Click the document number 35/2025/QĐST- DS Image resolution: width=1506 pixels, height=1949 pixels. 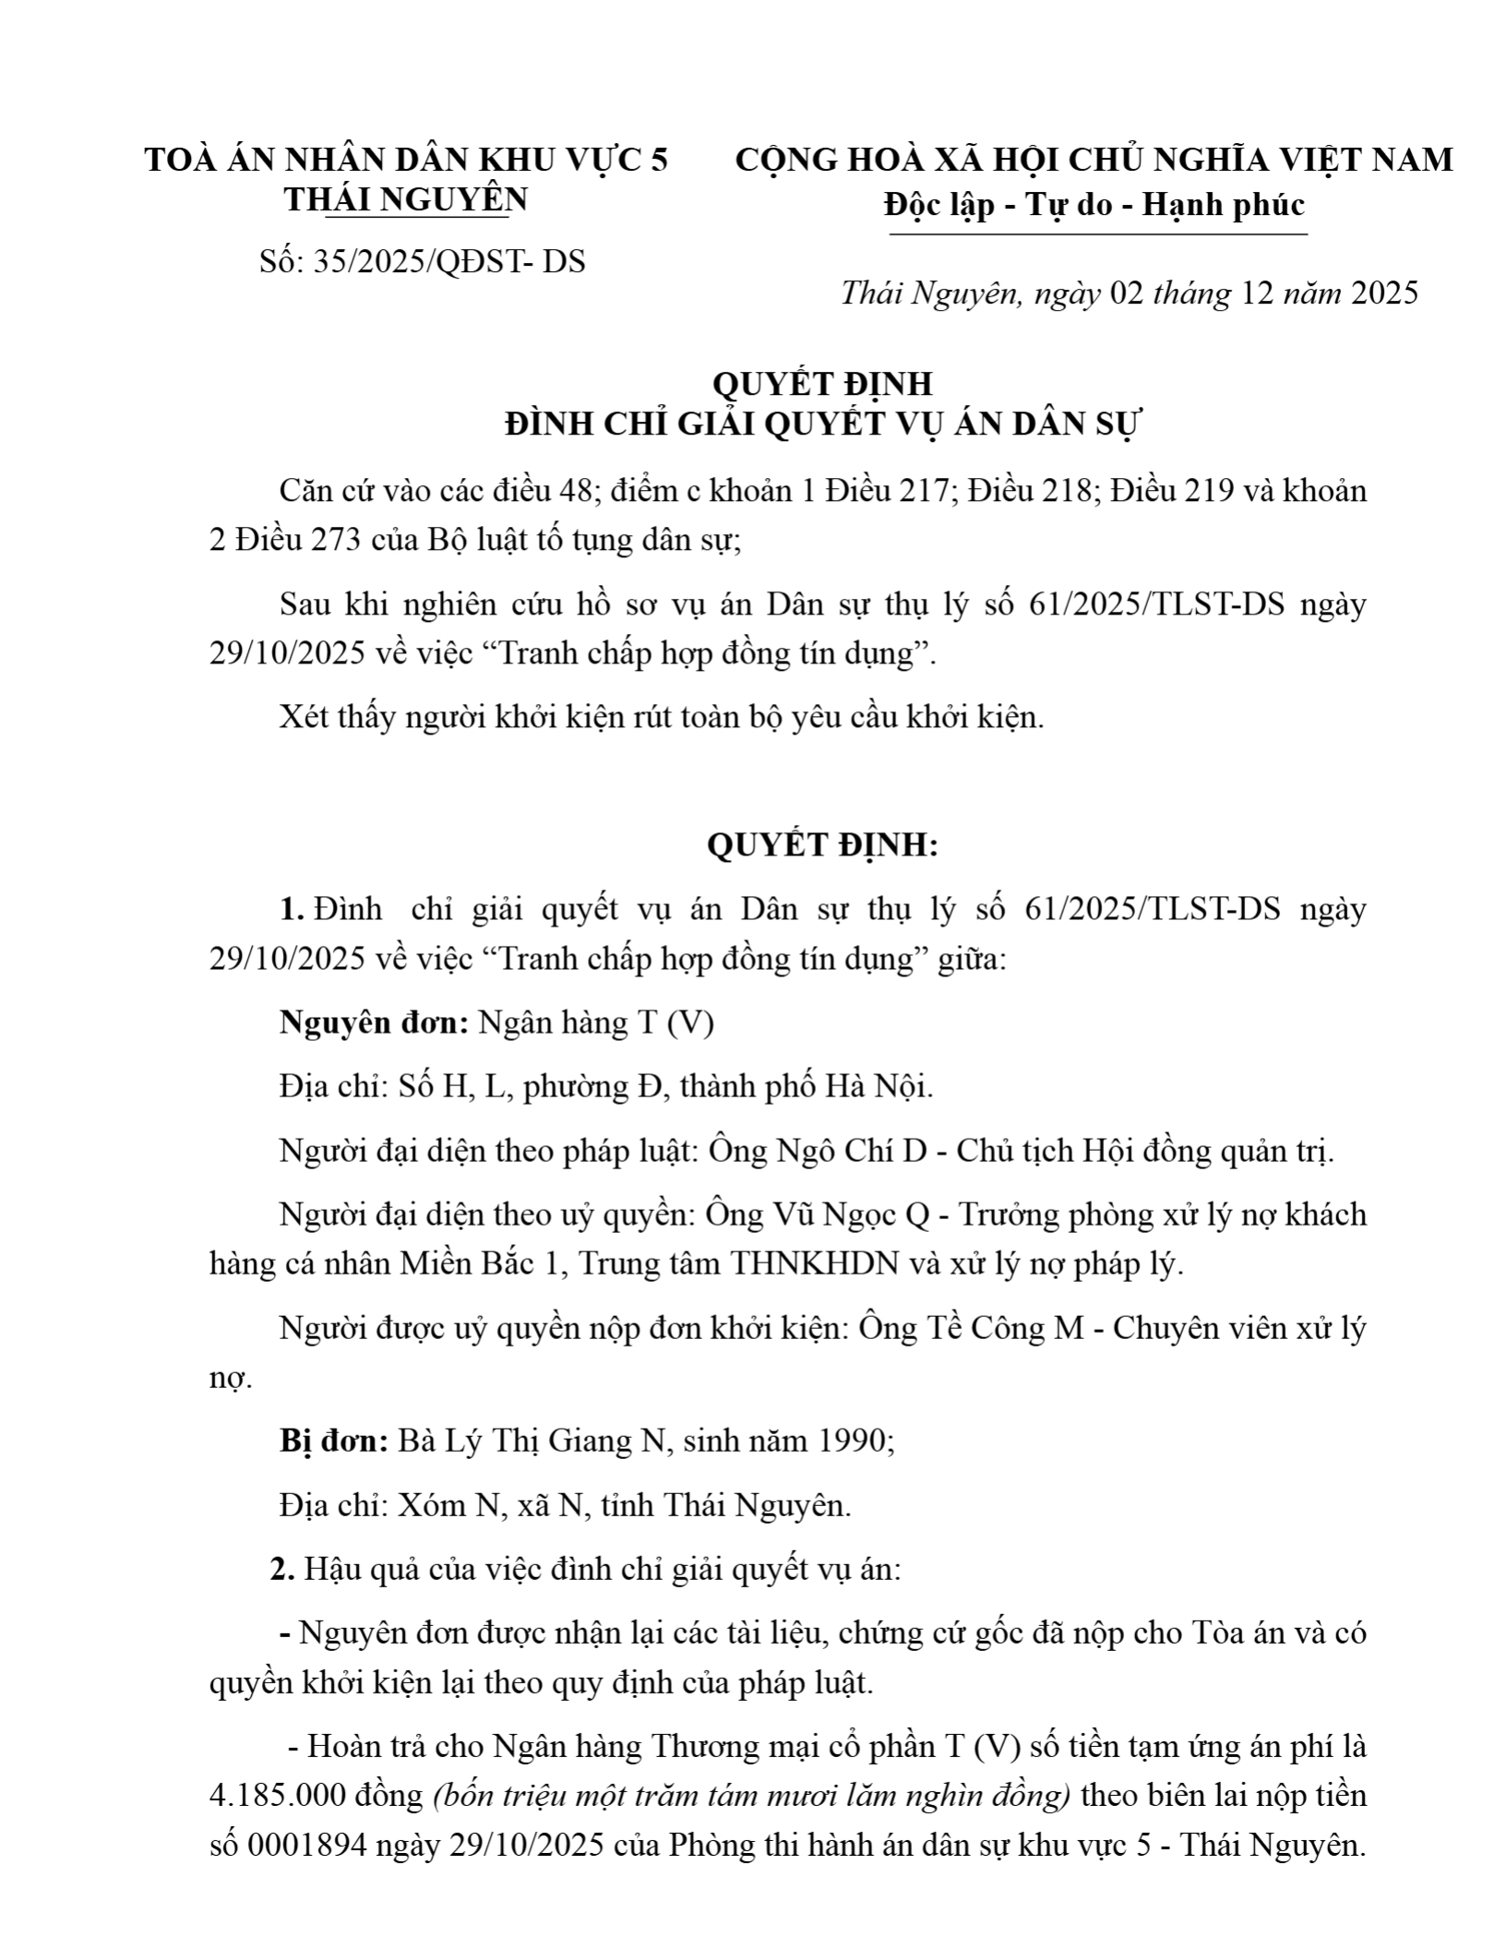(x=449, y=262)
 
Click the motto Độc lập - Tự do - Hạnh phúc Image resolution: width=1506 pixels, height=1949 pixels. (x=1094, y=204)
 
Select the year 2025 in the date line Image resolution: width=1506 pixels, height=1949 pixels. (x=1384, y=293)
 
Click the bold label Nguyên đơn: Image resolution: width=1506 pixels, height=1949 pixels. (x=376, y=1023)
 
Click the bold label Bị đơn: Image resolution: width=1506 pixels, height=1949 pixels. (x=334, y=1441)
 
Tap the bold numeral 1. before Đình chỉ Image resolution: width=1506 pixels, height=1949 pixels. (x=293, y=909)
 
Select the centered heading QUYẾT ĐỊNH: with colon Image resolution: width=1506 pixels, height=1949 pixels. (x=822, y=845)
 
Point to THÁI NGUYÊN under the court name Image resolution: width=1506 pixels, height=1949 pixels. (x=406, y=199)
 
